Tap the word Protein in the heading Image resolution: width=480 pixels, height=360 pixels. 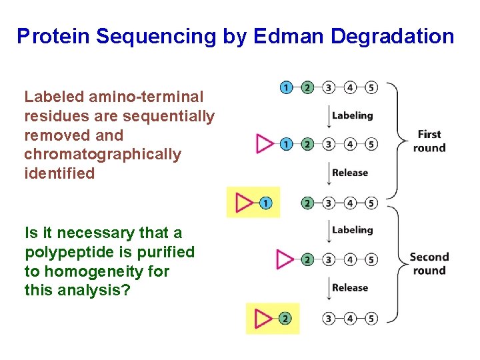point(52,36)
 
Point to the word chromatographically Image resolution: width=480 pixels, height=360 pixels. point(102,155)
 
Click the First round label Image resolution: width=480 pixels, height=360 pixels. point(429,141)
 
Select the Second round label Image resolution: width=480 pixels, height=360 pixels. point(429,263)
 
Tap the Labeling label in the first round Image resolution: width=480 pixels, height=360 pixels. point(352,115)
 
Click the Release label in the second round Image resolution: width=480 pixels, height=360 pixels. point(350,288)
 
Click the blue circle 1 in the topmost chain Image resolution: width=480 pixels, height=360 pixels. point(286,87)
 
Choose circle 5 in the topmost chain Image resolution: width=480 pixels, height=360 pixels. point(371,87)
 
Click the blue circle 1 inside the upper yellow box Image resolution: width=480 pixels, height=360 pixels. point(265,203)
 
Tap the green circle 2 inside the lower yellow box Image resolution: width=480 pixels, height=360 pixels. point(285,319)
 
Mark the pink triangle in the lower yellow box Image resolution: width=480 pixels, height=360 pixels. point(264,319)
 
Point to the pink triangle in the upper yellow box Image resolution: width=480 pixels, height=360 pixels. point(245,203)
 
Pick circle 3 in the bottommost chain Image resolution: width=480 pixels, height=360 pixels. point(329,319)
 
